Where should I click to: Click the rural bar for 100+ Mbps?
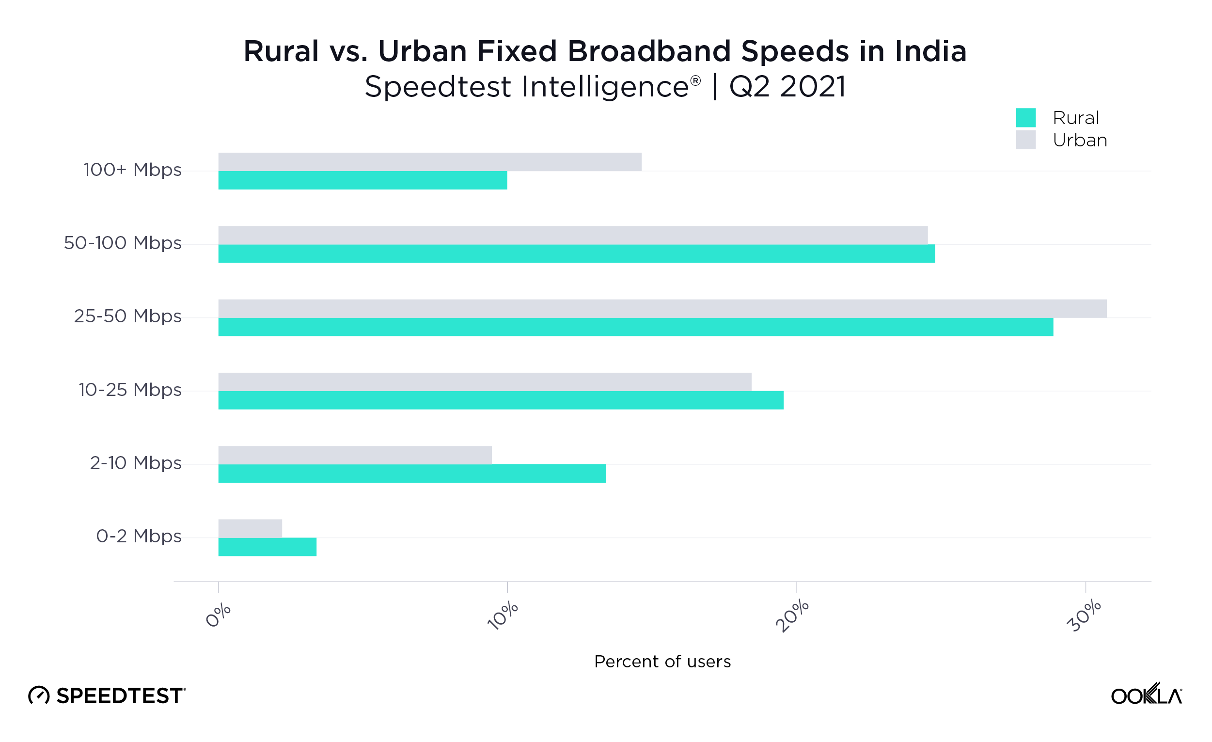(362, 180)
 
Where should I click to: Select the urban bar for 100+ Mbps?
(430, 162)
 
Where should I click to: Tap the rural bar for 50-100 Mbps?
(577, 253)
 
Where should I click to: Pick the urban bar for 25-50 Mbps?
(662, 309)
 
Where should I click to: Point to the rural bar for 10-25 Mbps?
(501, 400)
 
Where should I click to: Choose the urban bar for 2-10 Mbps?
(355, 455)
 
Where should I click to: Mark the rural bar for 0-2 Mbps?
(267, 547)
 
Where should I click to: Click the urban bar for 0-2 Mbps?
(250, 528)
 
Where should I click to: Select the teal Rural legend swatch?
(1025, 118)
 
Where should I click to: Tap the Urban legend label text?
(1080, 140)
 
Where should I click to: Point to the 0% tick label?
(218, 615)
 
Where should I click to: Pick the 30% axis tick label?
(1083, 615)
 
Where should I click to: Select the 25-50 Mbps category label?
(127, 316)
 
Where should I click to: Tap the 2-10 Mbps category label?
(135, 463)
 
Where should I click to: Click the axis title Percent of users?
(662, 661)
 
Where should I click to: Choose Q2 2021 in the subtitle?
(787, 87)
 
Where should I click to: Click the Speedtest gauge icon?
(39, 695)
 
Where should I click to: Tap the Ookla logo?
(1146, 695)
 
